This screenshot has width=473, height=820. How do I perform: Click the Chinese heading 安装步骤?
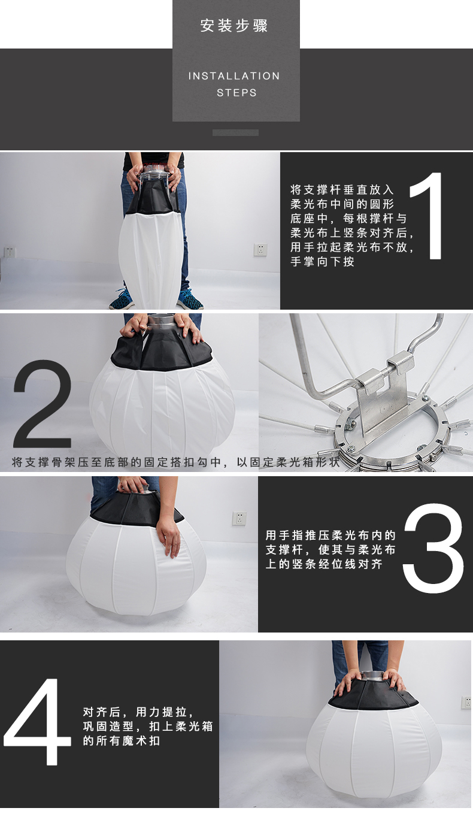pyautogui.click(x=234, y=26)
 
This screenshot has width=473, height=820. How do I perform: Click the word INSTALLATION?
pyautogui.click(x=234, y=76)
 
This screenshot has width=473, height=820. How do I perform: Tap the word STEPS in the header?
pyautogui.click(x=236, y=93)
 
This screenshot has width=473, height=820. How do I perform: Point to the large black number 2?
pyautogui.click(x=42, y=404)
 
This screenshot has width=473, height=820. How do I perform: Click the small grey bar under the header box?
pyautogui.click(x=235, y=132)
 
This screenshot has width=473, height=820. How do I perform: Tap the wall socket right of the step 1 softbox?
pyautogui.click(x=260, y=250)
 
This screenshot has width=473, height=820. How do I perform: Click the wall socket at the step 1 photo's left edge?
pyautogui.click(x=8, y=252)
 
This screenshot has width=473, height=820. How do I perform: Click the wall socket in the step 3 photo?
pyautogui.click(x=239, y=518)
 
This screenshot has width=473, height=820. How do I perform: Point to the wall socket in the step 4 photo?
pyautogui.click(x=466, y=703)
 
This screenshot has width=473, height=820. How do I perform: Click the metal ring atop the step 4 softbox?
pyautogui.click(x=370, y=676)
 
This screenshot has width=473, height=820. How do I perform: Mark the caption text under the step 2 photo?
pyautogui.click(x=175, y=462)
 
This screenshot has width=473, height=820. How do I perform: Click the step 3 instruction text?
pyautogui.click(x=331, y=550)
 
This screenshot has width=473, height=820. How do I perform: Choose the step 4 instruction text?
pyautogui.click(x=148, y=727)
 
